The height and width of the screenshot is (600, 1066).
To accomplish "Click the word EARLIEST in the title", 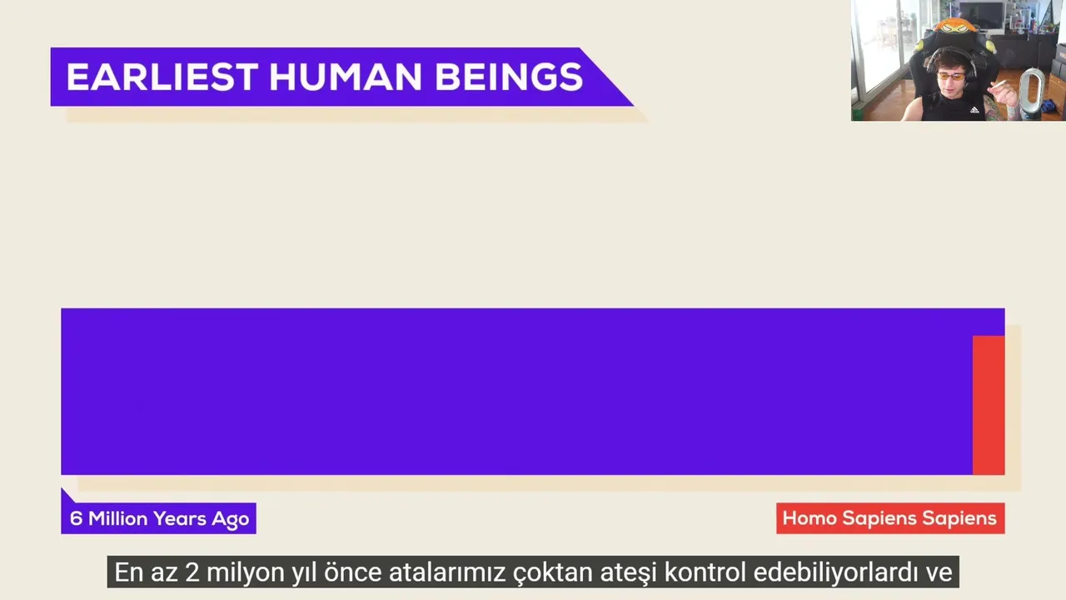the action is coord(162,77).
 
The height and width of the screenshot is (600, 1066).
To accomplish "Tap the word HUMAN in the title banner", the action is coord(346,77).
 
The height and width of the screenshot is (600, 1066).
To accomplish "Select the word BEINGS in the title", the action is coord(509,77).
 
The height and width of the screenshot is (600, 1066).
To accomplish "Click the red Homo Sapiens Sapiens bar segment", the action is coord(989,405).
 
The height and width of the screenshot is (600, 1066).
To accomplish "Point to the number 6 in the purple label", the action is coord(76,518).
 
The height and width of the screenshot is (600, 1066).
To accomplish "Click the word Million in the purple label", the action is coord(118,518).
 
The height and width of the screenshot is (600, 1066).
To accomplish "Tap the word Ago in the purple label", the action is coord(231,519).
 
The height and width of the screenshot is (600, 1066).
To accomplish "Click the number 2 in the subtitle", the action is coord(192,572).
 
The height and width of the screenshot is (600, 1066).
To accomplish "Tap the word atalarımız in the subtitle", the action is coord(447,572).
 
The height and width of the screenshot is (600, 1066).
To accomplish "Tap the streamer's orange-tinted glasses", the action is coord(951,77).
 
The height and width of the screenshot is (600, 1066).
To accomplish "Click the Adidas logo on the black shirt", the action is coord(974,110).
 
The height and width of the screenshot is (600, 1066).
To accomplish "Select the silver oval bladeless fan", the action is coord(1030,93).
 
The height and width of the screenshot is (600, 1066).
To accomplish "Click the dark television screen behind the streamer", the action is coord(980,14).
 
